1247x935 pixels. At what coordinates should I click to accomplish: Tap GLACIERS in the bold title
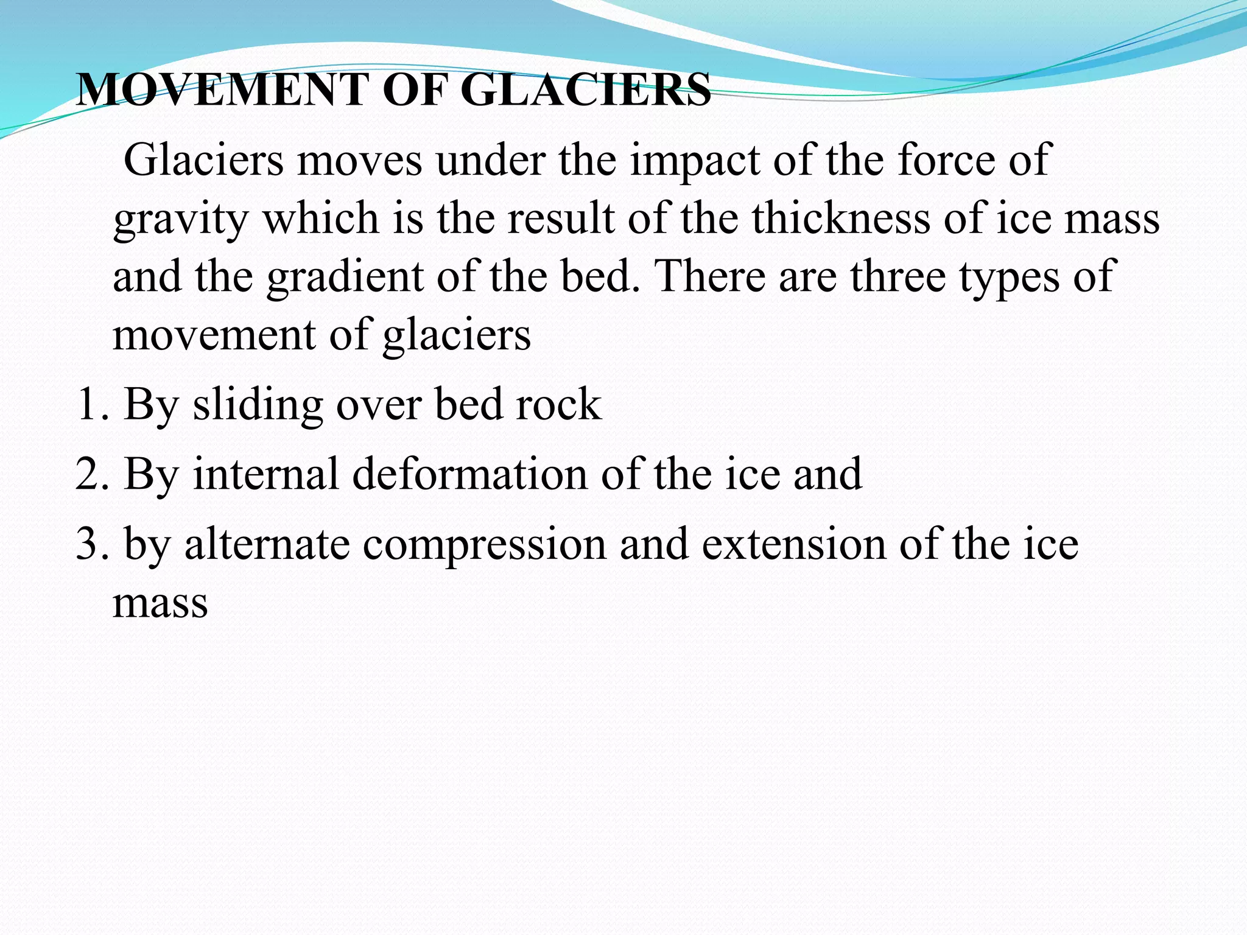[586, 90]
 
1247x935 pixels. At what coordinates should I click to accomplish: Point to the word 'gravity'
[181, 220]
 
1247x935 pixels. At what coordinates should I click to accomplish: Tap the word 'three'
[898, 276]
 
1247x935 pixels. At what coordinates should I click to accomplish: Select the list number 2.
[91, 474]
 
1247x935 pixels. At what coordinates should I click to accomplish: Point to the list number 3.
[91, 544]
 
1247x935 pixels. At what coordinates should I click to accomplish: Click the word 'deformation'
[470, 474]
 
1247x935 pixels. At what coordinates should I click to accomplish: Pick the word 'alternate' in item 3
[267, 544]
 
